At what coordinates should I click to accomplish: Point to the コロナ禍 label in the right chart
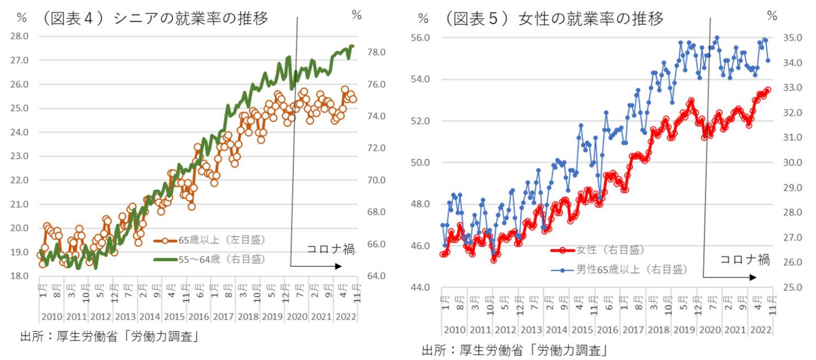point(745,260)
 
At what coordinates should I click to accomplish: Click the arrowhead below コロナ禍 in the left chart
point(338,266)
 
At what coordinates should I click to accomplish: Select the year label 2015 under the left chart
point(172,316)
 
